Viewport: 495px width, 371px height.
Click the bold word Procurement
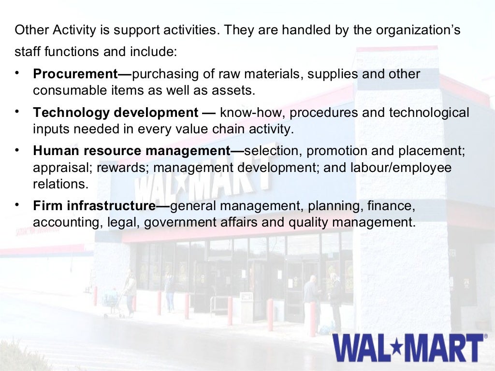pyautogui.click(x=75, y=74)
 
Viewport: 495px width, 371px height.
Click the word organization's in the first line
pyautogui.click(x=422, y=30)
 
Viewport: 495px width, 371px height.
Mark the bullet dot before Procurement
pyautogui.click(x=17, y=73)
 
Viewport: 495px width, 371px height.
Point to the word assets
pyautogui.click(x=234, y=90)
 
